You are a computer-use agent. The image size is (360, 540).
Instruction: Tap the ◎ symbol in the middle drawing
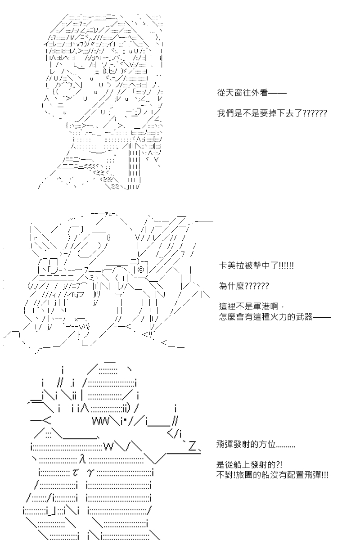[x=140, y=270]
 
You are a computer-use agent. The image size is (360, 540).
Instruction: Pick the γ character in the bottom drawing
[x=90, y=472]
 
